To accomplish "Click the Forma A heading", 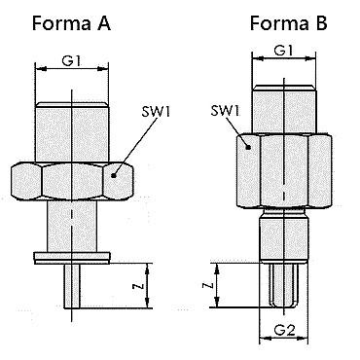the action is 71,23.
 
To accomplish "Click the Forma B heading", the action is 289,23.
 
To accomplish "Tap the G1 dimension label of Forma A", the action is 71,60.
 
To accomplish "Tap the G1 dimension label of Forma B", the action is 283,51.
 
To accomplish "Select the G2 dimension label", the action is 285,330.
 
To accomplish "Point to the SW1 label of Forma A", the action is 156,111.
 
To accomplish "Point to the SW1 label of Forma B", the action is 225,111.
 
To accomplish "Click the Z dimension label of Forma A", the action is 138,286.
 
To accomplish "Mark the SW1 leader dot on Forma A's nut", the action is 113,175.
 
